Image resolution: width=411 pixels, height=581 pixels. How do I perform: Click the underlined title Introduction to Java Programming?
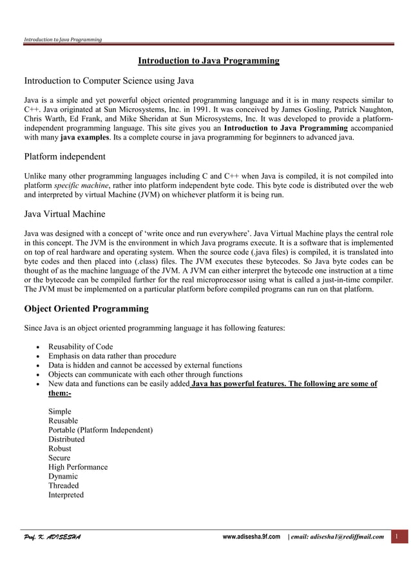click(x=209, y=61)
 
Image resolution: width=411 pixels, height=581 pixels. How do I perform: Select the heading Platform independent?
click(x=65, y=156)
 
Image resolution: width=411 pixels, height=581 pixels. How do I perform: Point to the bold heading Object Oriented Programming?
click(x=86, y=308)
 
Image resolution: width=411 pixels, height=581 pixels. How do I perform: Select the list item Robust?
click(x=60, y=448)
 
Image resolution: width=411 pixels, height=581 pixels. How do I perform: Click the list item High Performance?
click(x=78, y=467)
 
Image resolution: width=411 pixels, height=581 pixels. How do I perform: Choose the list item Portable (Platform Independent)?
click(x=100, y=430)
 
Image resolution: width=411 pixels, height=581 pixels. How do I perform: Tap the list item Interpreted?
click(x=66, y=495)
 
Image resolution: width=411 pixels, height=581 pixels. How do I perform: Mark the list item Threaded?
click(x=64, y=486)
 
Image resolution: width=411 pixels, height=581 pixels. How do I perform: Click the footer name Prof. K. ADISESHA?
click(x=52, y=537)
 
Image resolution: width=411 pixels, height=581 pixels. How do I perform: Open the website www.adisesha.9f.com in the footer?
click(x=251, y=537)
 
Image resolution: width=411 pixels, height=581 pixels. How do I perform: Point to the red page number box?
click(x=398, y=537)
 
